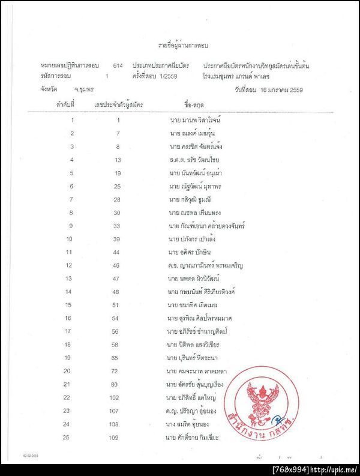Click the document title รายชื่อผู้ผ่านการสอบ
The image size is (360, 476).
pos(184,45)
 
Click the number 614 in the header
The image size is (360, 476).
pos(118,64)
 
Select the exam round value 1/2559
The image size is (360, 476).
pos(171,76)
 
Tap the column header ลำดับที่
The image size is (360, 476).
pos(65,105)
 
